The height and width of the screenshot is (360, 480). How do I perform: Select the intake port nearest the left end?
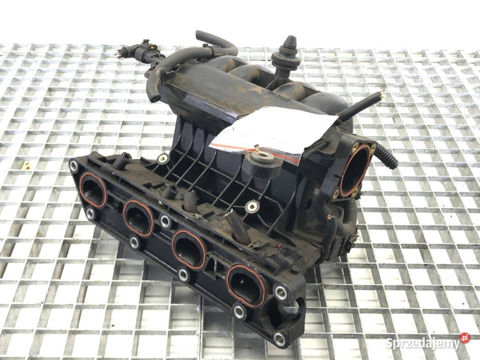[x=93, y=190]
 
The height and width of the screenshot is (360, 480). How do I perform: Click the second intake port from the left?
[x=138, y=218]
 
